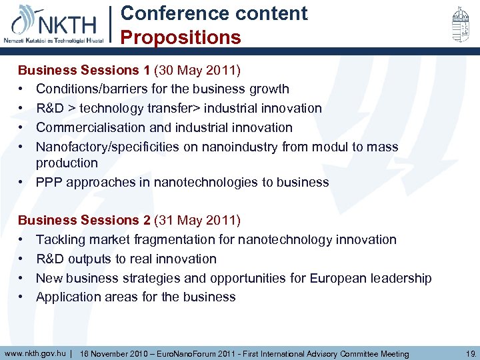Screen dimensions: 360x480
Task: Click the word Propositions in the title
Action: [181, 37]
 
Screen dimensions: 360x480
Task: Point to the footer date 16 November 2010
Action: [118, 353]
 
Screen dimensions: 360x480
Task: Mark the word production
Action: [67, 163]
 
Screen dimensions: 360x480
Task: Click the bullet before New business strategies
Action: [22, 278]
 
